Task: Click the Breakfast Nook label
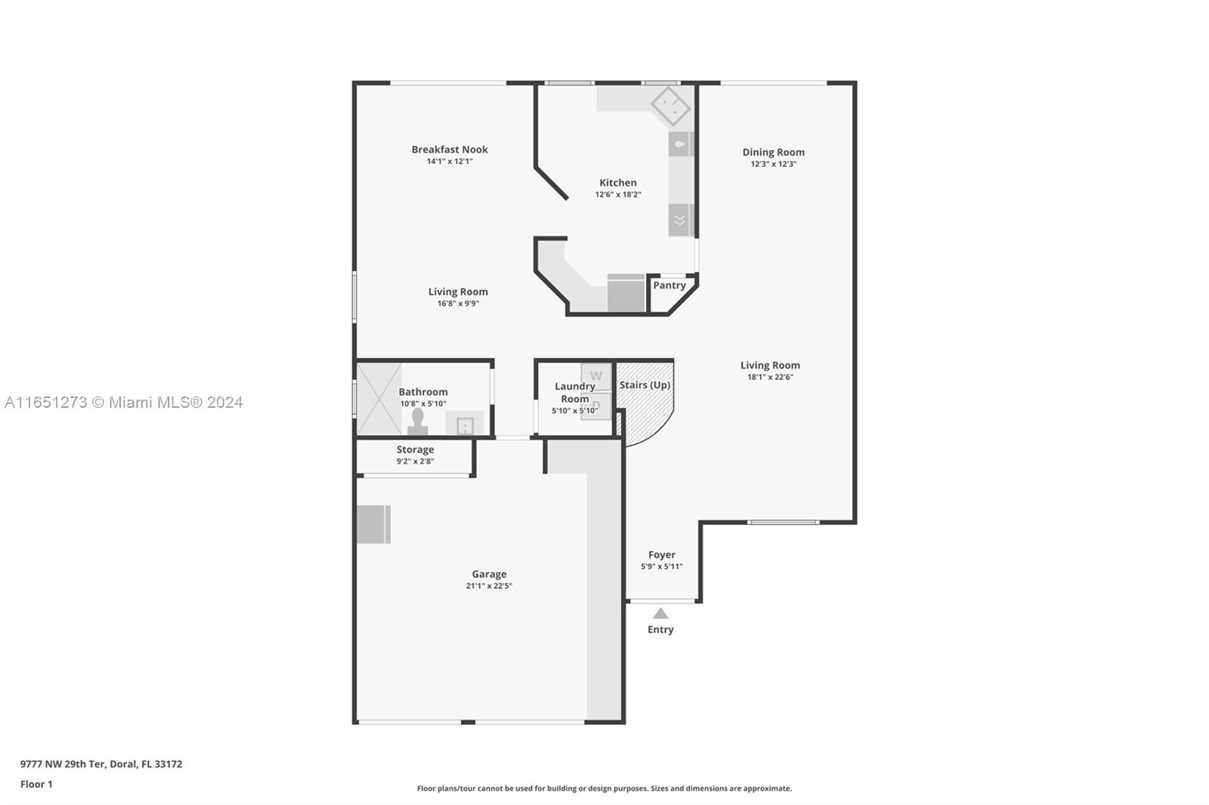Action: pyautogui.click(x=450, y=150)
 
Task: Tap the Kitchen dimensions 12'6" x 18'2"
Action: pyautogui.click(x=618, y=194)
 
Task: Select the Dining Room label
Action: pyautogui.click(x=774, y=152)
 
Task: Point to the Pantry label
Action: pyautogui.click(x=669, y=285)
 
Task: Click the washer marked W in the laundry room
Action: pyautogui.click(x=596, y=376)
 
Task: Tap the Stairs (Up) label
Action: pyautogui.click(x=645, y=384)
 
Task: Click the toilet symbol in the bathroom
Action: pyautogui.click(x=417, y=421)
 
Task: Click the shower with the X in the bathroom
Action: pyautogui.click(x=379, y=399)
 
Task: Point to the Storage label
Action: pyautogui.click(x=415, y=449)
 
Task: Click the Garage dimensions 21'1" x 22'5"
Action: pyautogui.click(x=489, y=586)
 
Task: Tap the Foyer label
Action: pyautogui.click(x=662, y=554)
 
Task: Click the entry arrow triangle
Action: pyautogui.click(x=660, y=613)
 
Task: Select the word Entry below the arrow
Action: pyautogui.click(x=660, y=630)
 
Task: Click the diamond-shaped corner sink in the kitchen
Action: pyautogui.click(x=671, y=106)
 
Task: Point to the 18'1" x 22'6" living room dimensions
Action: pyautogui.click(x=770, y=377)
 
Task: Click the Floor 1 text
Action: pyautogui.click(x=36, y=785)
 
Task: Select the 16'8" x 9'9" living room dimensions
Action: pyautogui.click(x=458, y=304)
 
